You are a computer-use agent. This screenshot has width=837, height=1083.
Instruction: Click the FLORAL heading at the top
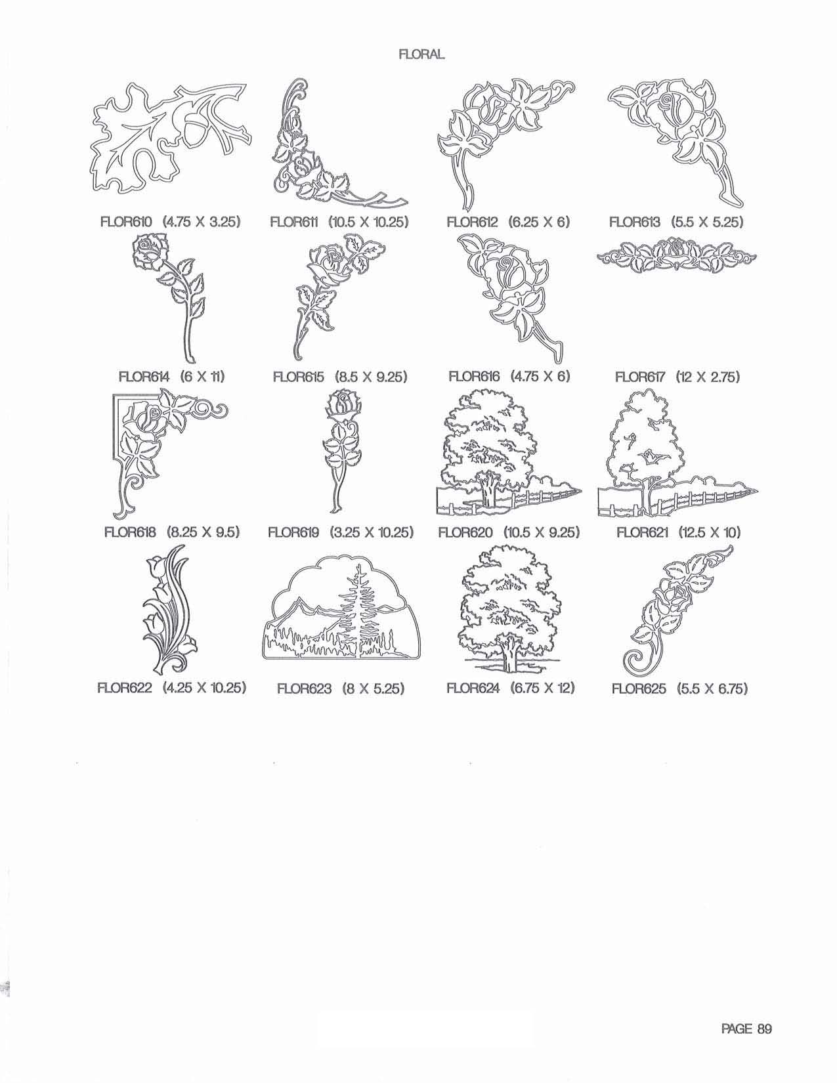(421, 55)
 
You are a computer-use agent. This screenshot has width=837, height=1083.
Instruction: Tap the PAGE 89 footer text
(746, 1028)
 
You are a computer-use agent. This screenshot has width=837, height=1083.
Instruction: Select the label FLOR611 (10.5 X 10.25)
(339, 222)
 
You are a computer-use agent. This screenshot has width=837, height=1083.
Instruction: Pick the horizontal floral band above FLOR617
(676, 256)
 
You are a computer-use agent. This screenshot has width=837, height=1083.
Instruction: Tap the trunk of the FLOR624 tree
(509, 652)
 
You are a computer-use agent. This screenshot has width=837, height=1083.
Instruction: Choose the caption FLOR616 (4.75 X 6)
(509, 376)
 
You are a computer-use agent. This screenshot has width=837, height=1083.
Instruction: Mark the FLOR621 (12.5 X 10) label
(679, 533)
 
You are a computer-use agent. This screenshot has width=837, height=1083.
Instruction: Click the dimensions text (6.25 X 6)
(539, 222)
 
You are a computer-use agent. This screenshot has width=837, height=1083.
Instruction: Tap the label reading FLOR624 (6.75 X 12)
(511, 689)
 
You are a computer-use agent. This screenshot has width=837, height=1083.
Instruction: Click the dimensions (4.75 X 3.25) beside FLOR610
(202, 222)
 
